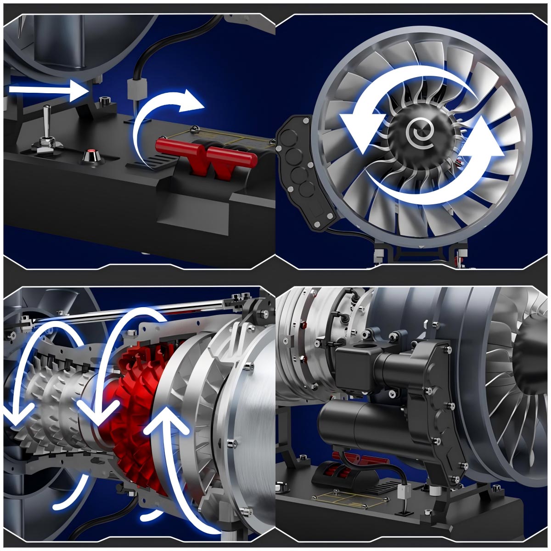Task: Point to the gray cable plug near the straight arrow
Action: (x=134, y=87)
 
